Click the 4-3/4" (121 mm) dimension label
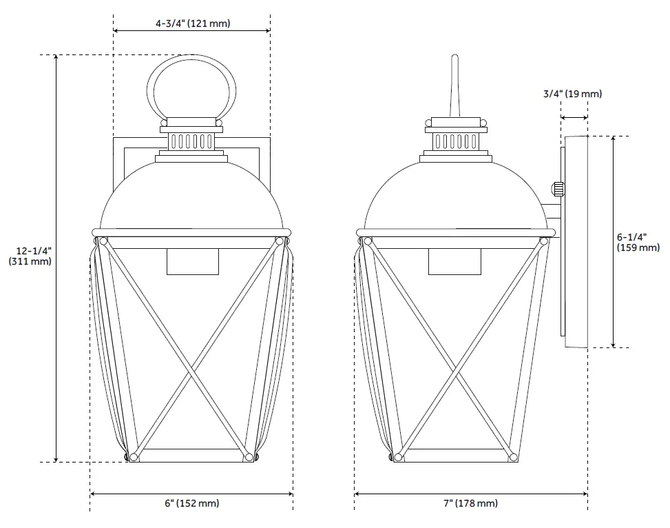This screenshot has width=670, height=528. (192, 23)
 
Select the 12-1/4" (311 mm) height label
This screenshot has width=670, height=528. (30, 256)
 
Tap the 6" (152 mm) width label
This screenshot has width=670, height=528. (192, 504)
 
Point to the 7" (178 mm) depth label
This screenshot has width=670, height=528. (470, 504)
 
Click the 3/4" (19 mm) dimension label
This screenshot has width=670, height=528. (573, 94)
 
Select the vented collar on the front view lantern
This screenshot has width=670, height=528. (192, 141)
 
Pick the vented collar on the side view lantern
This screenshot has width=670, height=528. (455, 141)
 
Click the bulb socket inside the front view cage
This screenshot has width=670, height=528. (193, 262)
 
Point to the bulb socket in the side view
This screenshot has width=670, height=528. (454, 262)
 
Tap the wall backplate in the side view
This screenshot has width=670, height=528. (576, 241)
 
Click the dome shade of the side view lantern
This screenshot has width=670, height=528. (455, 196)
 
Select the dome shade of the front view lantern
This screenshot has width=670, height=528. (192, 196)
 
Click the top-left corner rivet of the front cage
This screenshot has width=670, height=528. (103, 242)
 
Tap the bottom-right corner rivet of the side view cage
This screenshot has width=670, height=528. (512, 456)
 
